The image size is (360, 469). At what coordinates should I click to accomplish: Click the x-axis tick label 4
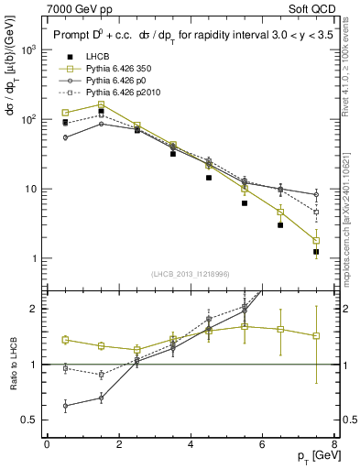[191, 444]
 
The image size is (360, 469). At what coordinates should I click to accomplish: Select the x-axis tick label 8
[334, 444]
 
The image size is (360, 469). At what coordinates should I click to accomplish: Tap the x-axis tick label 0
[47, 444]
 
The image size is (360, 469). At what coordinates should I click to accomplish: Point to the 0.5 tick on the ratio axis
[31, 420]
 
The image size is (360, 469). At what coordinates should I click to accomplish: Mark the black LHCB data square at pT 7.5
[316, 251]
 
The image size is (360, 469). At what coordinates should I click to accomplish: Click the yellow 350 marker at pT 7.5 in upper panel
[316, 241]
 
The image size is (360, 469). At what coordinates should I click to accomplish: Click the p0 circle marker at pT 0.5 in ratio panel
[65, 405]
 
